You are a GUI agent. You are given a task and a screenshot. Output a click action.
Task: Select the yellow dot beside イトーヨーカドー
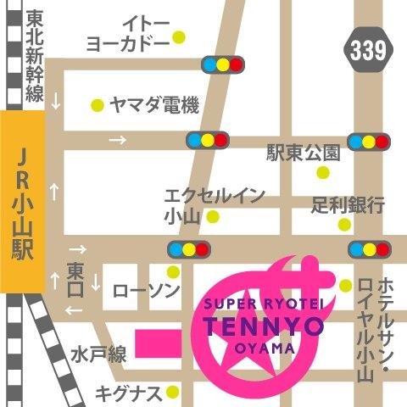(x=179, y=36)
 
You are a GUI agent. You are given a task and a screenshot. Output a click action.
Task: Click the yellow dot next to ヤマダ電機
(x=98, y=106)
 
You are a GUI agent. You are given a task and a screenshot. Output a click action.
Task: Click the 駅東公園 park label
(x=303, y=153)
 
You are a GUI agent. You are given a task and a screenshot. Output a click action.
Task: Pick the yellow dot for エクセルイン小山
(x=213, y=217)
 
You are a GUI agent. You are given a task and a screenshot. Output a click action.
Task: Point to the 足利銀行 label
(x=348, y=205)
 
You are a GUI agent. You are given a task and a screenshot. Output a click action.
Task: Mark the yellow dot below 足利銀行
(x=343, y=225)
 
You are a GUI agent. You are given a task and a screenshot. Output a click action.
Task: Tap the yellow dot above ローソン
(x=173, y=272)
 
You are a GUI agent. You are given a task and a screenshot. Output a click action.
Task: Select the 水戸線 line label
(x=98, y=349)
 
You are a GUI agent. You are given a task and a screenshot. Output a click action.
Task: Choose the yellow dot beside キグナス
(x=174, y=393)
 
